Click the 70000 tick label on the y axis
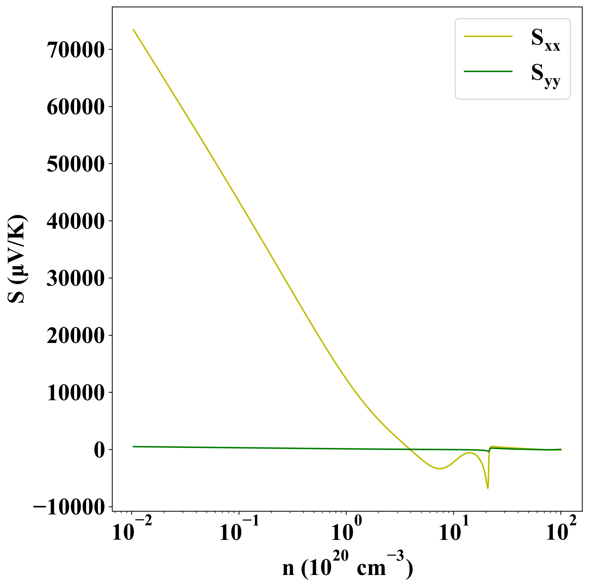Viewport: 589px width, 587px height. click(x=75, y=50)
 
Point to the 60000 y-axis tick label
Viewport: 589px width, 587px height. click(x=75, y=107)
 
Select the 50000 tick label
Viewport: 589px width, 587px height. click(x=75, y=164)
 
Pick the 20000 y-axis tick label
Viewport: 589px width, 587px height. click(x=75, y=336)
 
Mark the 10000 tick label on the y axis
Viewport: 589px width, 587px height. click(x=75, y=393)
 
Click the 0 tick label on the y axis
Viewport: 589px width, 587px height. click(x=99, y=450)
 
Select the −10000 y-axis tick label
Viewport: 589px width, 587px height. click(x=69, y=507)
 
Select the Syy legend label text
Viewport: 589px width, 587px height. click(x=545, y=75)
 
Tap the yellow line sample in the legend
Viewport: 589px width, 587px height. click(x=488, y=36)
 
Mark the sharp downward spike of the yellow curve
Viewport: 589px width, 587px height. click(x=488, y=488)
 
